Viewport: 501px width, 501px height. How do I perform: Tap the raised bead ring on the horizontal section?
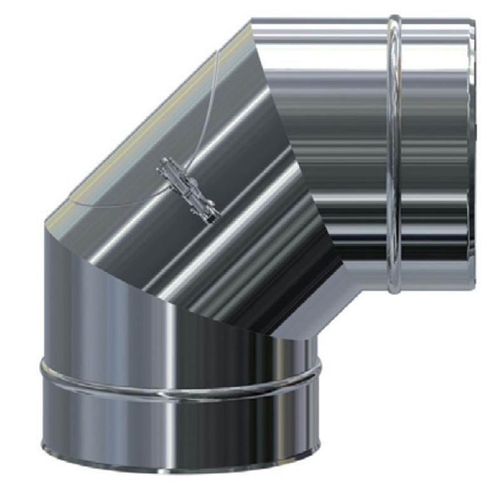pyautogui.click(x=394, y=157)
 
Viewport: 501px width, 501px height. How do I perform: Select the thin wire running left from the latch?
pyautogui.click(x=113, y=204)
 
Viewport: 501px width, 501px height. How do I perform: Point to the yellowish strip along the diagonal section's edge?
pyautogui.click(x=138, y=125)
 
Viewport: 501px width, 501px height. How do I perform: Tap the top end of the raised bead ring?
pyautogui.click(x=394, y=19)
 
